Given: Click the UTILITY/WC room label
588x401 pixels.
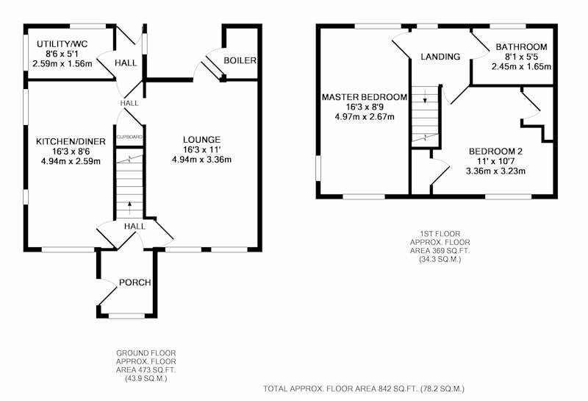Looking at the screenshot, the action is (x=62, y=44).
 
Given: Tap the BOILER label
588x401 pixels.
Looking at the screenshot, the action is (x=240, y=60).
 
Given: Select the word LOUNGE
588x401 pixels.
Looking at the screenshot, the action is (x=201, y=140).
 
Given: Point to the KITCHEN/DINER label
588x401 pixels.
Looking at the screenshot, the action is (x=71, y=141).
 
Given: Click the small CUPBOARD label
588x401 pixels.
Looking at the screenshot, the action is (x=129, y=137).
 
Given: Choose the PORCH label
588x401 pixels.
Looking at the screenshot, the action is (x=135, y=283).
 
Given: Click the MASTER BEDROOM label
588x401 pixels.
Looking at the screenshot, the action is (x=365, y=97).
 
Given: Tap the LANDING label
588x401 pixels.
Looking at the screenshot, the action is (x=440, y=57).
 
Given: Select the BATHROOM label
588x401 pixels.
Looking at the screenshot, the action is (x=521, y=47).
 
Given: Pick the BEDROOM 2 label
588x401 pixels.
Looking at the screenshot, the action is (x=495, y=152).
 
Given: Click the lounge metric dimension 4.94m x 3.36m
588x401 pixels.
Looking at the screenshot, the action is (x=201, y=160).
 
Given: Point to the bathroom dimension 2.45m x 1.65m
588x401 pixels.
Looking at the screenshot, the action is (x=521, y=67).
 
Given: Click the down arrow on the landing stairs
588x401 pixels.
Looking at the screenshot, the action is (x=425, y=96).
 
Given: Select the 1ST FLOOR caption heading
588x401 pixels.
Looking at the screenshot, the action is (x=440, y=234).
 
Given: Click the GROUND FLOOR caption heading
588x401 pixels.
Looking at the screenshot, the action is (x=146, y=353).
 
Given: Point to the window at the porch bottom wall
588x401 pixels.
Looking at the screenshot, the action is (x=126, y=316).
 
